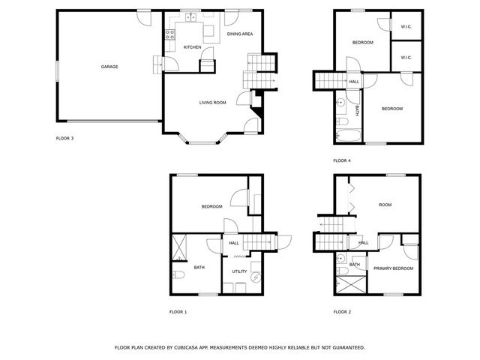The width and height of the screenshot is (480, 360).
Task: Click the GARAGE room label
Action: pos(109,67)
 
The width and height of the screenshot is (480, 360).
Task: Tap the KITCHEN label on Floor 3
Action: pos(193,47)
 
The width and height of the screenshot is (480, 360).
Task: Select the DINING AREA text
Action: pos(239,34)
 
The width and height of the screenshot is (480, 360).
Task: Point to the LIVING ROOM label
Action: pos(212,102)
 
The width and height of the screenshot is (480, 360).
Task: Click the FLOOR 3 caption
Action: pos(65,139)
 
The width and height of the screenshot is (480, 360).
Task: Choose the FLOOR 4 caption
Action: pos(342,160)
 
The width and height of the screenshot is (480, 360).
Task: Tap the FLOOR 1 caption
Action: pos(178,311)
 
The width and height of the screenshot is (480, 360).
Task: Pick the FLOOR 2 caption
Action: pos(342,311)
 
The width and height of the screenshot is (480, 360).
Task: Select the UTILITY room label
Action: pos(239,271)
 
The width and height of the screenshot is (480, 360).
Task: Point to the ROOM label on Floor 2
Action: pos(385,205)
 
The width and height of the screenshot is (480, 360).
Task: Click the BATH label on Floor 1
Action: pos(199,268)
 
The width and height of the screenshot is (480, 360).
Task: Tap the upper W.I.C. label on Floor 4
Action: pos(406,27)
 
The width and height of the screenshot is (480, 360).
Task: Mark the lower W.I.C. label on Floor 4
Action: pos(406,58)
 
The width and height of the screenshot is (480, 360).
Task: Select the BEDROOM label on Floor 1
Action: pos(211,207)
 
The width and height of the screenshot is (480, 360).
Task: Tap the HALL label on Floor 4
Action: pos(354,82)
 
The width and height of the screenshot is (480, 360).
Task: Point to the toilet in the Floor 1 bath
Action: pos(178,274)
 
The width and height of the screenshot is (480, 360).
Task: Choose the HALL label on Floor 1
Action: pos(234,243)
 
